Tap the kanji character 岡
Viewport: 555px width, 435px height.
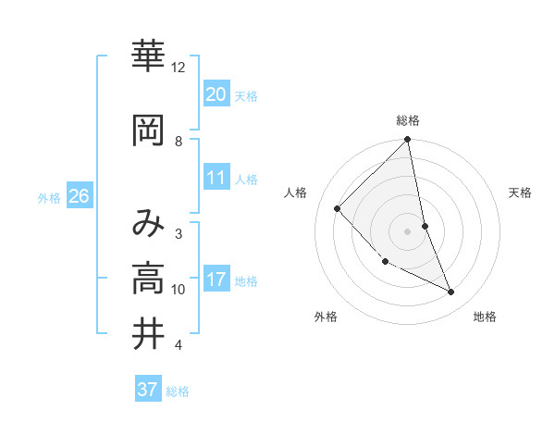point(148,131)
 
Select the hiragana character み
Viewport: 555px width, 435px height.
point(148,223)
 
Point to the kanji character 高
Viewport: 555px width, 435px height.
point(148,278)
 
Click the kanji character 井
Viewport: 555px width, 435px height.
point(148,334)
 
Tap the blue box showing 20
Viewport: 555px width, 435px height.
point(216,93)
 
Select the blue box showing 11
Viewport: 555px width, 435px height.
point(216,178)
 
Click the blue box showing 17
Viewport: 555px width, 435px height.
point(216,280)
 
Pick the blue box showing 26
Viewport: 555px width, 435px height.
point(79,196)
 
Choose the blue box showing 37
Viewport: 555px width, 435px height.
point(147,390)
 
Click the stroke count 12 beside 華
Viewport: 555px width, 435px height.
point(179,68)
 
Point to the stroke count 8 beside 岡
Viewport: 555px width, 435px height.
point(179,141)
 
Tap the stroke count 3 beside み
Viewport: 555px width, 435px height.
point(179,233)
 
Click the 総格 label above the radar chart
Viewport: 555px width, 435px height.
point(408,120)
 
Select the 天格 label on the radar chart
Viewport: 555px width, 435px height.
point(520,193)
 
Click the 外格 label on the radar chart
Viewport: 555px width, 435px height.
point(326,317)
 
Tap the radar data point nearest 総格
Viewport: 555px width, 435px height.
point(408,141)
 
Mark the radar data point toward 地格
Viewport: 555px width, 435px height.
point(451,292)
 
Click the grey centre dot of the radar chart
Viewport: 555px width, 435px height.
point(408,230)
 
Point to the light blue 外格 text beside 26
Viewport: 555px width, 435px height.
point(49,197)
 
